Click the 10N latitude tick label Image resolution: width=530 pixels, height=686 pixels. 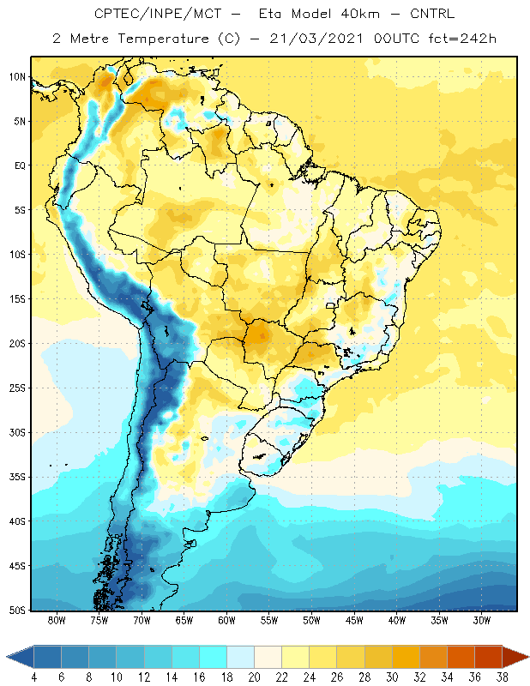[17, 77]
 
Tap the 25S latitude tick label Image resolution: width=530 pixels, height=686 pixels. [17, 388]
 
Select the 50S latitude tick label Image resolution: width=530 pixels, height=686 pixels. [17, 611]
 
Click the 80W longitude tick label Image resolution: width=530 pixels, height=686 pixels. [57, 620]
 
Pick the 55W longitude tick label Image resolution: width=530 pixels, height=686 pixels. [269, 620]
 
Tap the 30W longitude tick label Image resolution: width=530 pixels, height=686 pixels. [481, 620]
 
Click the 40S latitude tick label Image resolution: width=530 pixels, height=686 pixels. [17, 521]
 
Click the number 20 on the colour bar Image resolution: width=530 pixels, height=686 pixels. [254, 677]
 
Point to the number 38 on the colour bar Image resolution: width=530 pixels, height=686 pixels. [502, 677]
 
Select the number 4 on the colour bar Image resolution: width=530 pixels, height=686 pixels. [34, 677]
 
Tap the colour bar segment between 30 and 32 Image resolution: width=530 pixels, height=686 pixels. [406, 657]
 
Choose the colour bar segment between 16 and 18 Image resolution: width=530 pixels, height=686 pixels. [214, 657]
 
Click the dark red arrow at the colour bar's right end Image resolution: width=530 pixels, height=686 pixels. [515, 657]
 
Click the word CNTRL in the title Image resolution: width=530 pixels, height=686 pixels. [432, 14]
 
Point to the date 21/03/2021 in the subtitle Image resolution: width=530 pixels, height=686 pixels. [316, 39]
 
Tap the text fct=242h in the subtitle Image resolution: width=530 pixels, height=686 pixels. [462, 39]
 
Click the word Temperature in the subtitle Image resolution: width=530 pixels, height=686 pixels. [163, 39]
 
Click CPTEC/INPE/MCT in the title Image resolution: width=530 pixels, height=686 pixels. [158, 14]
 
